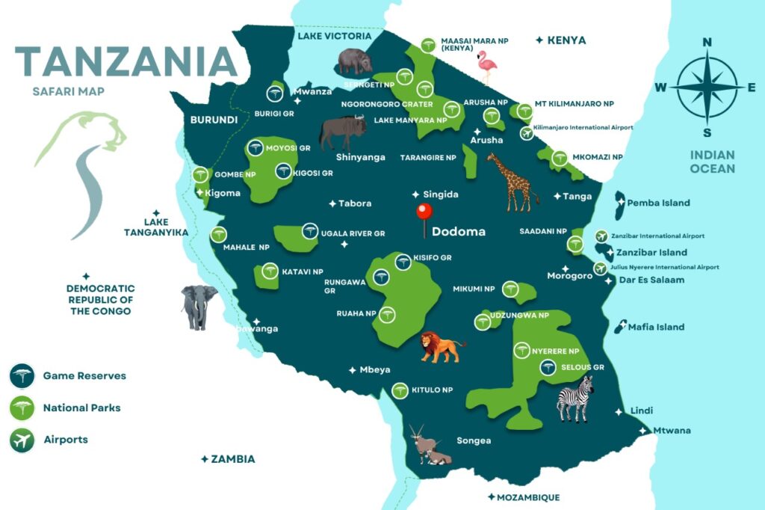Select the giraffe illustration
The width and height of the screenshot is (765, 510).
click(x=511, y=182)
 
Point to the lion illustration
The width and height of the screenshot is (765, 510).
click(x=440, y=348)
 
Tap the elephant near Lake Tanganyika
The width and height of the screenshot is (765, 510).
click(x=199, y=306)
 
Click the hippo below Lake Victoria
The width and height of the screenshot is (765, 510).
click(x=354, y=61)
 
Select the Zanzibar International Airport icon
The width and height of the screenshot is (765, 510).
click(x=602, y=236)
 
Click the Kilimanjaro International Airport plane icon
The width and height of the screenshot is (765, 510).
click(x=526, y=134)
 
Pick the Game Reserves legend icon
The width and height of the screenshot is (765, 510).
click(x=22, y=375)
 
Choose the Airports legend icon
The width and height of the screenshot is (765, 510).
click(x=22, y=440)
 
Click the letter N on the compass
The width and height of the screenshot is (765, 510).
click(x=707, y=43)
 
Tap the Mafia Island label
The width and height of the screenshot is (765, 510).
click(x=656, y=327)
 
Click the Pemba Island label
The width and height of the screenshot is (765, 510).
click(x=658, y=203)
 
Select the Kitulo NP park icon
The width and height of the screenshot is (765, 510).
click(x=400, y=390)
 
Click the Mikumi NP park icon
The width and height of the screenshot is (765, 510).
click(x=510, y=289)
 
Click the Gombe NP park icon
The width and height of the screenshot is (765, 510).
click(x=199, y=176)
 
